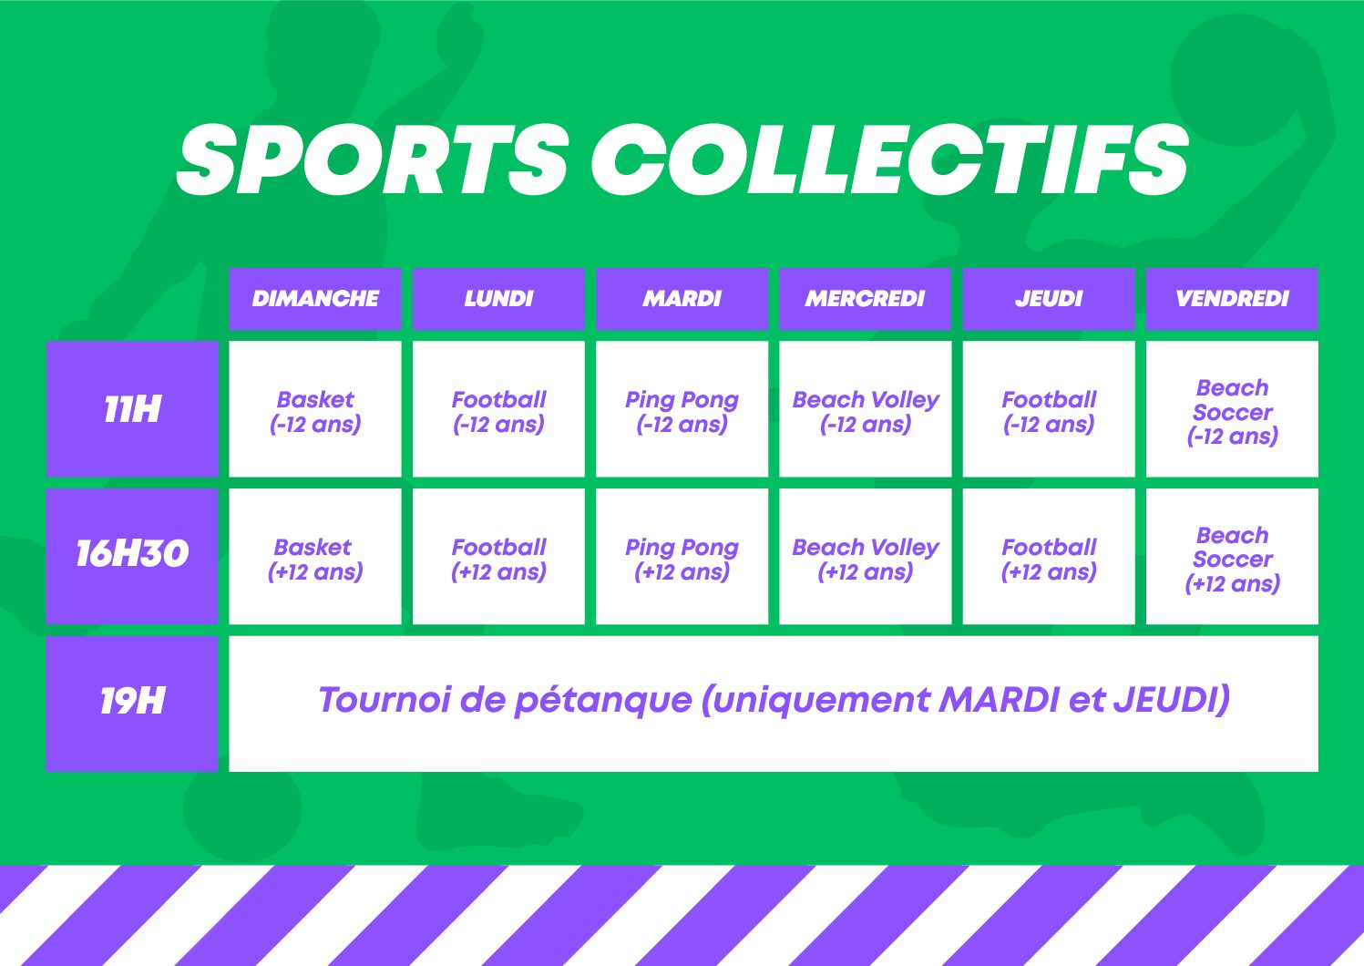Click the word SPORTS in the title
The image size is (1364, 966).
pos(373,159)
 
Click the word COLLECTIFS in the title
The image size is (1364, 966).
pos(889,159)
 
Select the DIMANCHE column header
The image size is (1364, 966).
pos(315,298)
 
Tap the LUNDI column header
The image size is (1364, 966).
pos(498,298)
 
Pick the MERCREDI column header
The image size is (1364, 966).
pos(866,298)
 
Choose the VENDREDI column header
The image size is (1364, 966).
pos(1232,298)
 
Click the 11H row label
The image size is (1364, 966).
pos(132,408)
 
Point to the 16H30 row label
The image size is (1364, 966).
pos(132,556)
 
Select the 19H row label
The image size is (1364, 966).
pos(132,704)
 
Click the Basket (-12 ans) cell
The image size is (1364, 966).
pos(315,408)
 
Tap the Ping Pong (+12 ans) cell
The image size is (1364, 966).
pos(682,556)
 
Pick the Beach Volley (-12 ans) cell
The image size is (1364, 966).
pos(866,408)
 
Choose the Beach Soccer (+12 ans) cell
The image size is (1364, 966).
pos(1232,556)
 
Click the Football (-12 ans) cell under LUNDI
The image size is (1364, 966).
pos(498,408)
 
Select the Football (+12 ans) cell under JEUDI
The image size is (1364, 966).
pos(1049,556)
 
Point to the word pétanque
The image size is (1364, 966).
pos(603,701)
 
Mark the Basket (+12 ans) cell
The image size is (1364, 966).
pos(315,556)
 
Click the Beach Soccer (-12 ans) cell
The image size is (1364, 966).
pos(1232,408)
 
